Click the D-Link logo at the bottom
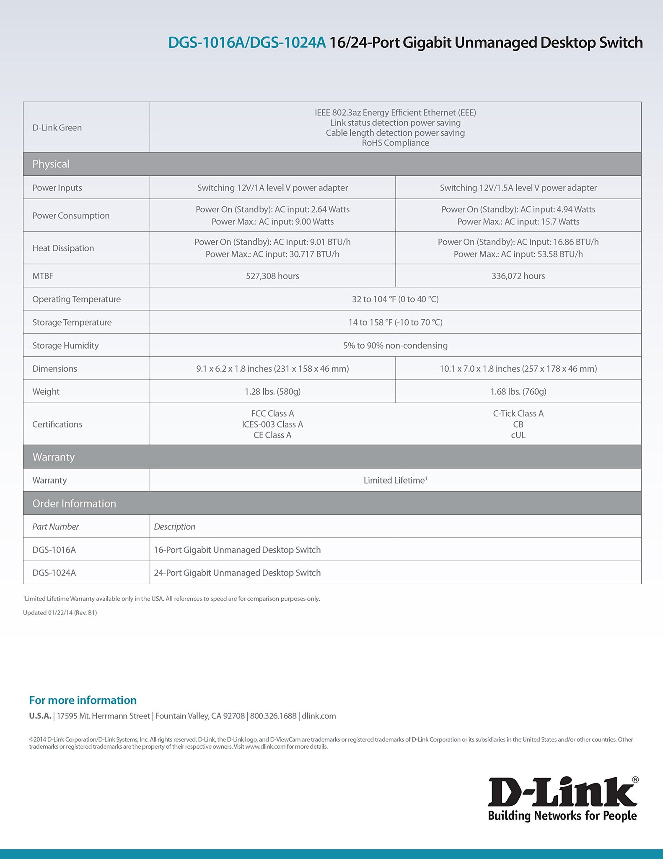click(562, 799)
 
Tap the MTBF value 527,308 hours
click(272, 276)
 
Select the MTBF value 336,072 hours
click(518, 276)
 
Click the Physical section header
click(51, 164)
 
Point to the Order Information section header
click(74, 503)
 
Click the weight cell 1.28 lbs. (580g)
click(272, 391)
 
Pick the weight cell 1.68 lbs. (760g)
click(518, 391)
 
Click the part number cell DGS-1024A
click(54, 573)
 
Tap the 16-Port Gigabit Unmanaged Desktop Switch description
click(237, 549)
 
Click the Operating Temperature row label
click(76, 299)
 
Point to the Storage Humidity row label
click(65, 345)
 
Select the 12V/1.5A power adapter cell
click(518, 187)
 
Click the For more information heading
click(83, 700)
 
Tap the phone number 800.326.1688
click(273, 716)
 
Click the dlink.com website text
click(319, 716)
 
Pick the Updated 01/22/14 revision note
click(60, 612)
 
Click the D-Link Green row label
click(57, 128)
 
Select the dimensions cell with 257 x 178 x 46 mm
click(518, 368)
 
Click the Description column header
click(174, 526)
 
